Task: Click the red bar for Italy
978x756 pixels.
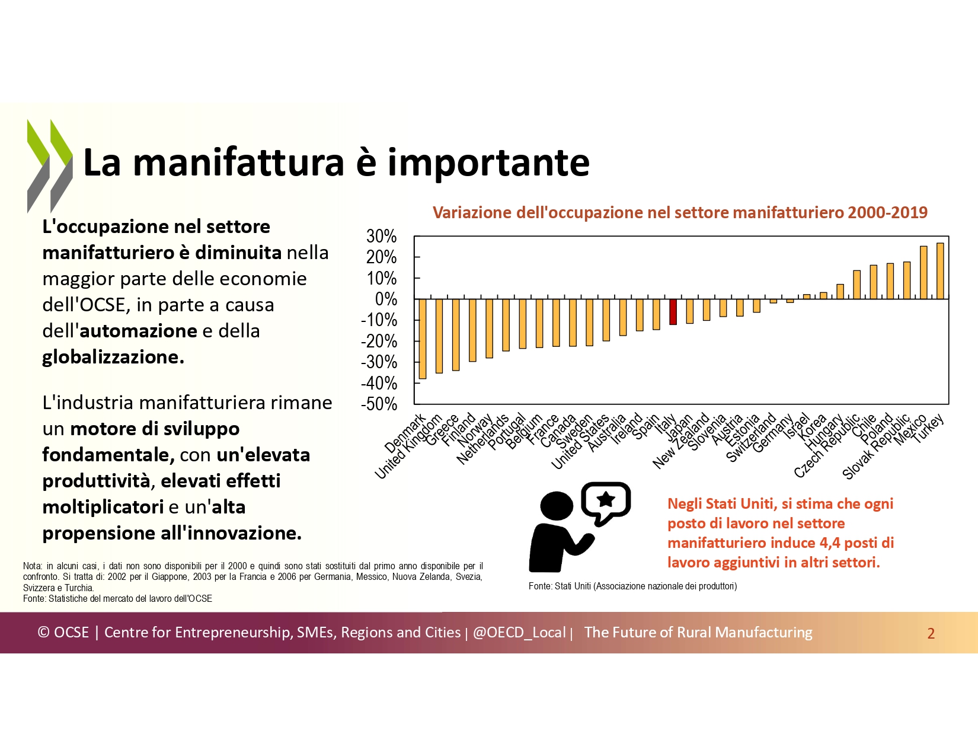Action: point(673,312)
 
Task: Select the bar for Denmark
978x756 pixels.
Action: point(423,339)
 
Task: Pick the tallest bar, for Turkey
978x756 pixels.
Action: point(940,271)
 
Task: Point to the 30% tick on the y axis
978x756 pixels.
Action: point(382,236)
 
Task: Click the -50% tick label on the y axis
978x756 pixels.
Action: point(379,404)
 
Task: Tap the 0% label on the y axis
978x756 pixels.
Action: point(386,299)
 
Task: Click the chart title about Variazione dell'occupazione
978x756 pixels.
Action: point(680,212)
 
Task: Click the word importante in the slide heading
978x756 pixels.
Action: point(488,162)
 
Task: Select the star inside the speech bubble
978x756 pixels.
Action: point(606,499)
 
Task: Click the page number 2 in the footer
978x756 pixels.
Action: point(931,633)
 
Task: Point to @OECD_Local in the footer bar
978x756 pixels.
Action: point(519,633)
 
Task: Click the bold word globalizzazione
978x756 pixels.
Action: point(113,357)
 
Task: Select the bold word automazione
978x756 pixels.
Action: point(138,331)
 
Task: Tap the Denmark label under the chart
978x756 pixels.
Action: point(405,433)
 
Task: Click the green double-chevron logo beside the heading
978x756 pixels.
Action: point(50,165)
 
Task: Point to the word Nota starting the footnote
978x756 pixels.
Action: point(33,566)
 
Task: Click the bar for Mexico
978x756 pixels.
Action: point(923,273)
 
